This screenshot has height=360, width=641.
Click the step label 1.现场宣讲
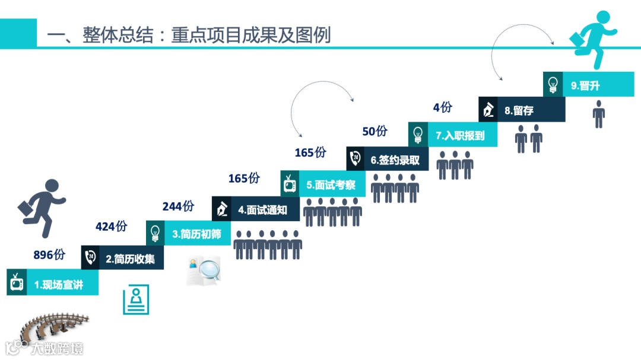tap(58, 285)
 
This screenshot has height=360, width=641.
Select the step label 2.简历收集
tap(130, 259)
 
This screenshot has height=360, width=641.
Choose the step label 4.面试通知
tap(262, 209)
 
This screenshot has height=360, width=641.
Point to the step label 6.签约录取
tap(395, 160)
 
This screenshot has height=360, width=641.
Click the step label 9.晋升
tap(585, 85)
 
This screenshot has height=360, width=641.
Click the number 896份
tap(49, 255)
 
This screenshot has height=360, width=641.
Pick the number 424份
tap(111, 227)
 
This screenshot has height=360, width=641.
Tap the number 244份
tap(177, 206)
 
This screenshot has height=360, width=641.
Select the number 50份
tap(375, 132)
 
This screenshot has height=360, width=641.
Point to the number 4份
tap(442, 107)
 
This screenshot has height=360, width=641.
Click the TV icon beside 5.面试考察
tap(290, 184)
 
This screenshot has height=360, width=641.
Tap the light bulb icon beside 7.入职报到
tap(418, 135)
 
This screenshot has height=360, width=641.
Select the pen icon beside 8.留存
tap(488, 110)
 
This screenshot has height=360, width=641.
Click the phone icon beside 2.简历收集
tap(90, 258)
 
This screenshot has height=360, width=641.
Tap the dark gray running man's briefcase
tap(26, 209)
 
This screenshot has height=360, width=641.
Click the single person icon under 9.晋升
tap(599, 114)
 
